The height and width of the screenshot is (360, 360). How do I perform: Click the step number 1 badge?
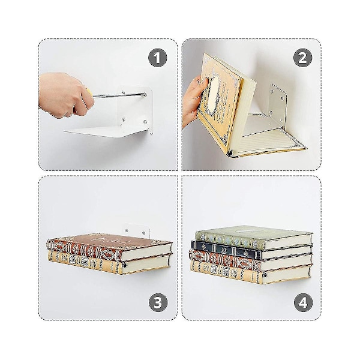tap(157, 58)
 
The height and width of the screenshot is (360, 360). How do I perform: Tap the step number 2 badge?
tap(302, 58)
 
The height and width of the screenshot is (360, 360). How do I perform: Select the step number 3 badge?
tap(158, 302)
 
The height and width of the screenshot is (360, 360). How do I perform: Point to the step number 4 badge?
tap(303, 302)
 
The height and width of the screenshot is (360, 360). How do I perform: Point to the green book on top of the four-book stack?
tap(254, 237)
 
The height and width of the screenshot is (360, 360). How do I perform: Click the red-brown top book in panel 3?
tap(109, 247)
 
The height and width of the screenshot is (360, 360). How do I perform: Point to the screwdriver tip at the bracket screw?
tap(145, 94)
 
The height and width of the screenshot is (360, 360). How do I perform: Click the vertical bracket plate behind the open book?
tap(278, 103)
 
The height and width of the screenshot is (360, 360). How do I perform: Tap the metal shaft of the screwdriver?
tap(119, 95)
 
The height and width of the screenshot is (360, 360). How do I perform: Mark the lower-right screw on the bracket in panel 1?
tap(145, 121)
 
